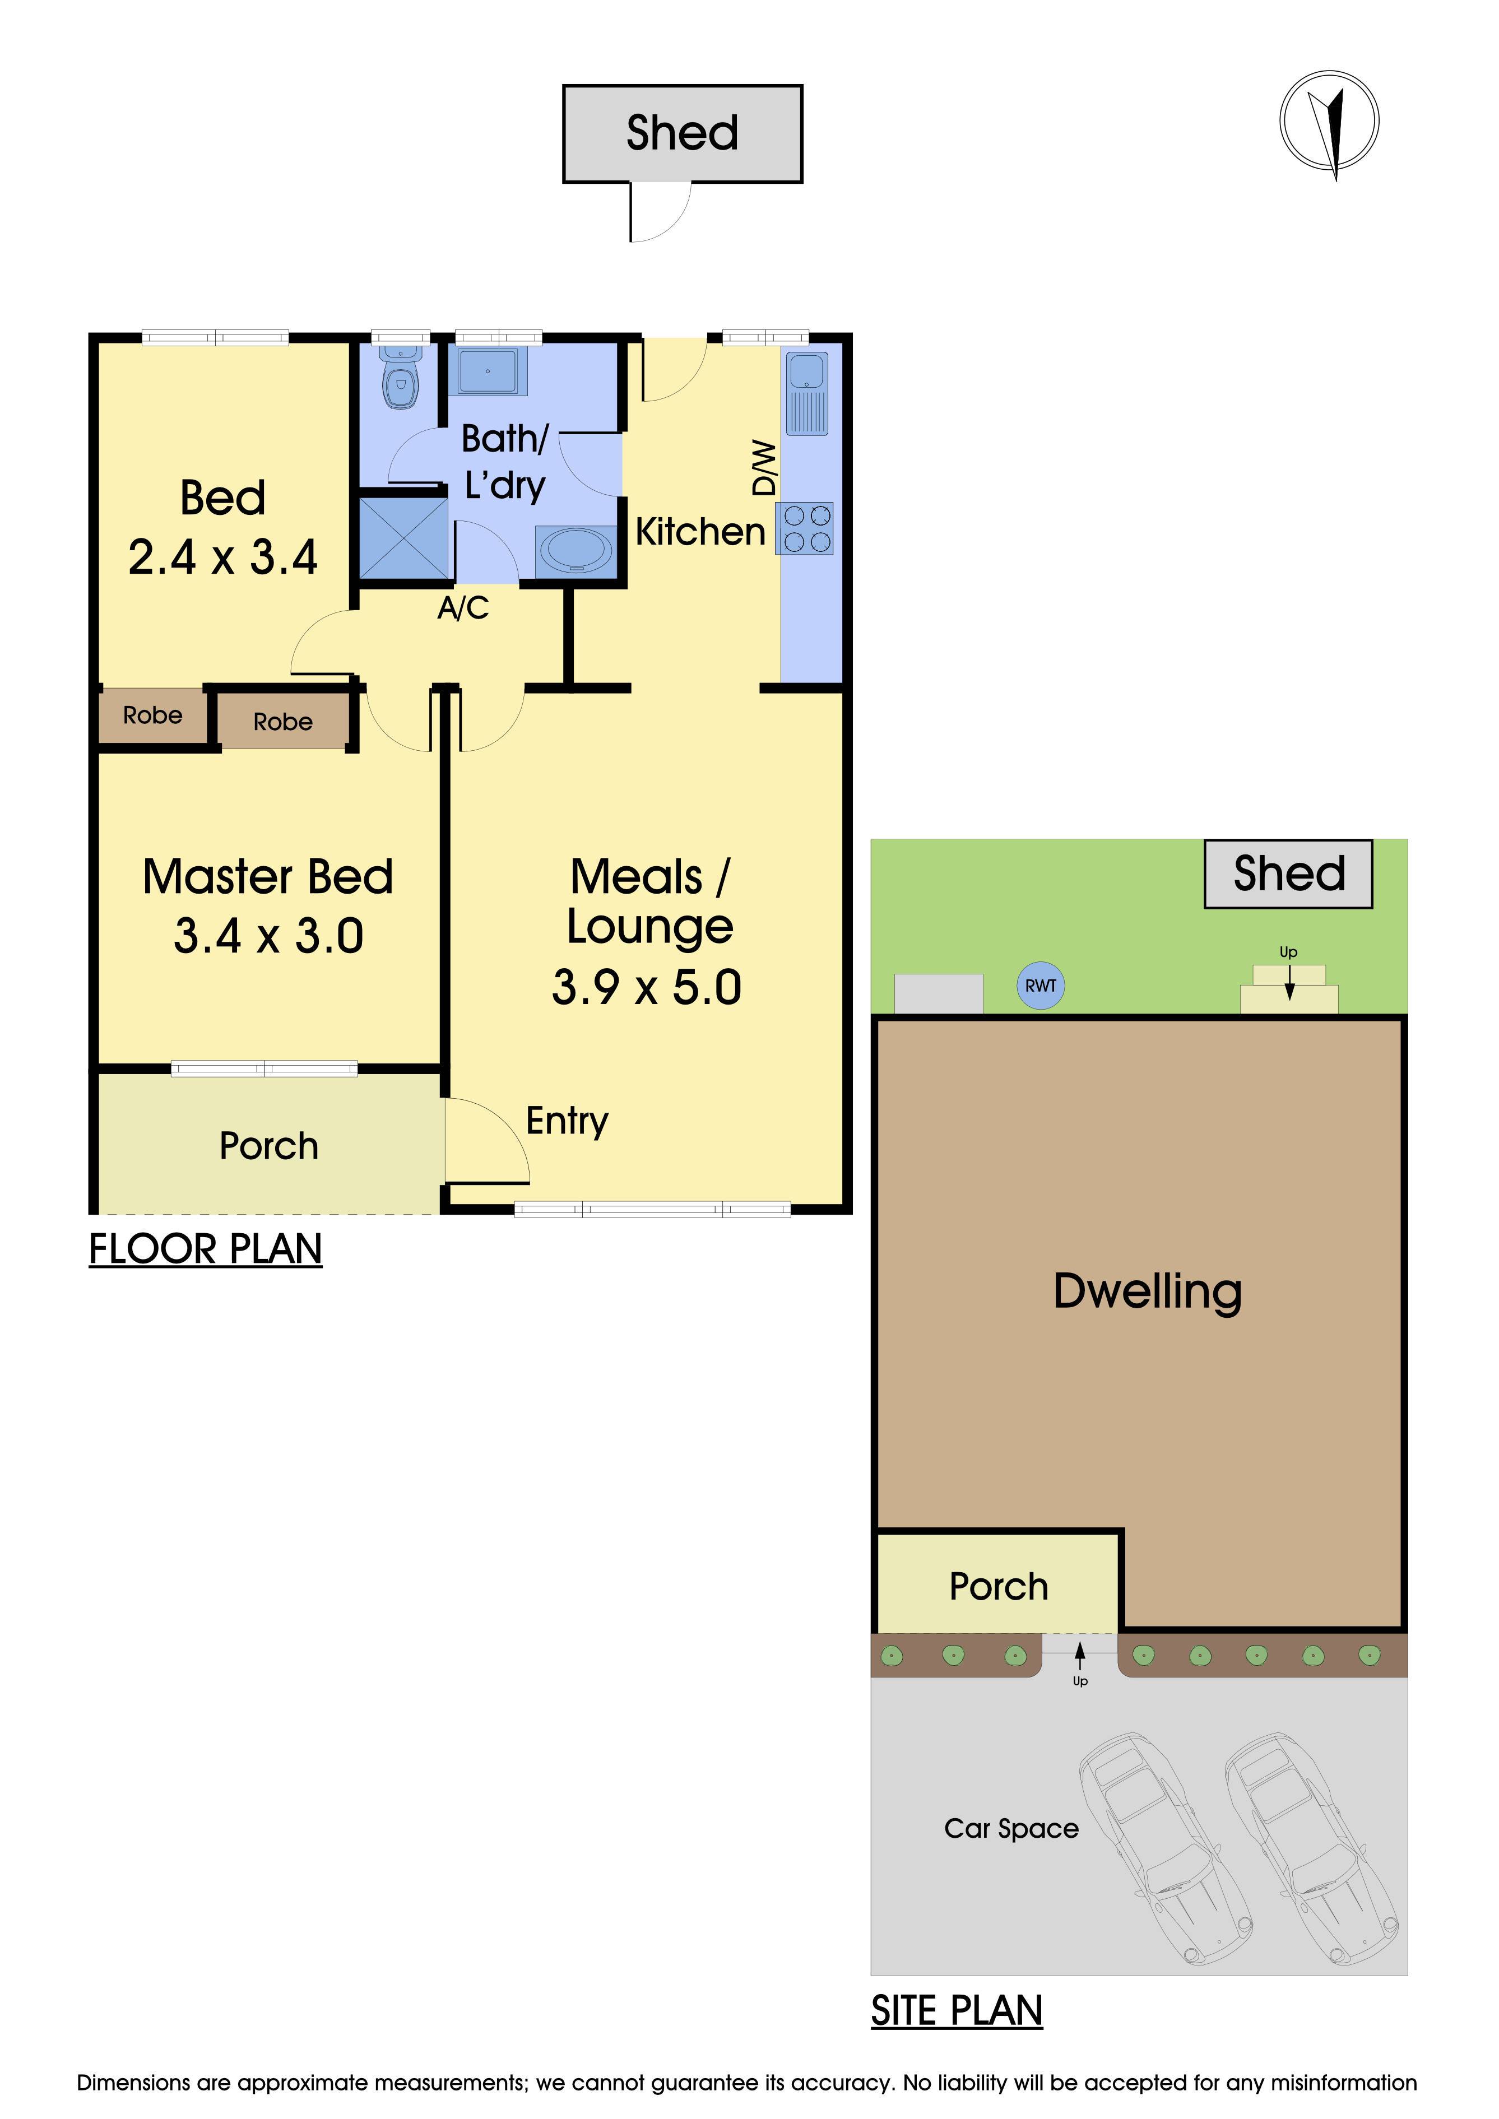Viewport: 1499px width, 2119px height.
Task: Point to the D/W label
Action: (764, 468)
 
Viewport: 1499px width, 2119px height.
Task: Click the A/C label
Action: (463, 608)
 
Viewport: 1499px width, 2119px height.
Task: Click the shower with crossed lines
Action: (404, 538)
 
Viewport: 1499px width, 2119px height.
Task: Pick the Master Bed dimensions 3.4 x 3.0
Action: (268, 936)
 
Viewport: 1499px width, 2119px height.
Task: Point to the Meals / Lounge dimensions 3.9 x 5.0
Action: (647, 988)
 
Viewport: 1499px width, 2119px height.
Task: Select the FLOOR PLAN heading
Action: (205, 1249)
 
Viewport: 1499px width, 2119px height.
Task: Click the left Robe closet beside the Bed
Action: (152, 715)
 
